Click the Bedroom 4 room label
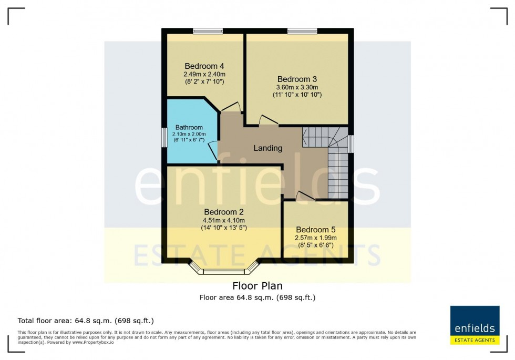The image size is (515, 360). tap(204, 66)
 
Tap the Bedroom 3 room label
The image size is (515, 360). tap(297, 79)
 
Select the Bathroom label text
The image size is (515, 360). tap(189, 127)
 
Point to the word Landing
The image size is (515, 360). tap(268, 148)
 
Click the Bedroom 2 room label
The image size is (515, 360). tap(224, 212)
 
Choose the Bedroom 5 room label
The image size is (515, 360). tap(315, 230)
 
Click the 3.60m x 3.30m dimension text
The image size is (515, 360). tap(297, 87)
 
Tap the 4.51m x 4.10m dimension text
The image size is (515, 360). tap(224, 220)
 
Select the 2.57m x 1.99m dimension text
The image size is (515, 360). tap(315, 238)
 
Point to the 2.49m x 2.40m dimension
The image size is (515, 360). tap(204, 75)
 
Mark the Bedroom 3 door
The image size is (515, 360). tap(267, 120)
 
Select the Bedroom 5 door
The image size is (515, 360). tap(304, 196)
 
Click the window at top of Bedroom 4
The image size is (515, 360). tap(207, 31)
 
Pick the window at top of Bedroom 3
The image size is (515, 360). tap(302, 31)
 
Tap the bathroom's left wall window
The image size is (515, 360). tap(164, 138)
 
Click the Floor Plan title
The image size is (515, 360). tap(257, 286)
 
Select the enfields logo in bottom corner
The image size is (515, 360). tap(475, 326)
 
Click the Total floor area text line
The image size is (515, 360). tap(86, 320)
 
